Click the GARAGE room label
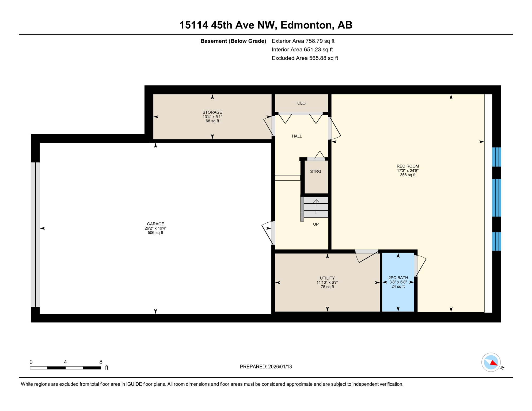pyautogui.click(x=155, y=224)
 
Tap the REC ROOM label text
pyautogui.click(x=408, y=166)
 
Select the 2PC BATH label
pyautogui.click(x=398, y=278)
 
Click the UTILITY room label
pyautogui.click(x=327, y=278)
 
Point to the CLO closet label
pyautogui.click(x=301, y=103)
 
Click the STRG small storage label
pyautogui.click(x=316, y=172)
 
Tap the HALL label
pyautogui.click(x=297, y=136)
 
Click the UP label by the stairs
pyautogui.click(x=316, y=224)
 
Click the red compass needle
pyautogui.click(x=494, y=363)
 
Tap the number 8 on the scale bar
pyautogui.click(x=101, y=362)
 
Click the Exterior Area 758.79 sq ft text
pyautogui.click(x=303, y=41)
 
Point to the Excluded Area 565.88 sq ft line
pyautogui.click(x=305, y=58)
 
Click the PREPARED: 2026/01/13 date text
pyautogui.click(x=266, y=367)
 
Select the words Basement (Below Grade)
pyautogui.click(x=233, y=41)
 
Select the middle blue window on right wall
pyautogui.click(x=496, y=197)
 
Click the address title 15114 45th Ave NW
pyautogui.click(x=227, y=25)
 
